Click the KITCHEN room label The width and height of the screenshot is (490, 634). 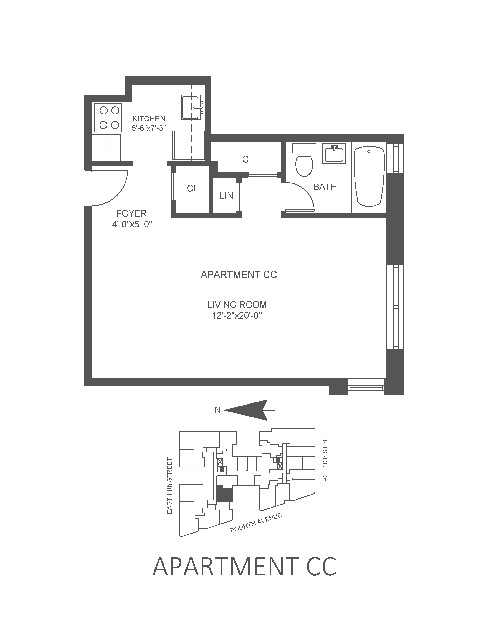(x=149, y=119)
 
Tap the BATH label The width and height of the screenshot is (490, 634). (x=325, y=187)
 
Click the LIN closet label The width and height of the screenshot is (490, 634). (x=226, y=196)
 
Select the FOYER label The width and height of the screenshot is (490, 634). (x=131, y=213)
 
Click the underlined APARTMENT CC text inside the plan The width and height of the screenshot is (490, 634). (x=239, y=275)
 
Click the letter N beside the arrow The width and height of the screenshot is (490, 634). (x=217, y=410)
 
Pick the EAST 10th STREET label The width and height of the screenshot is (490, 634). (x=325, y=457)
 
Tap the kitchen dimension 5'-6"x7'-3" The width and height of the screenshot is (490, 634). (x=149, y=128)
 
